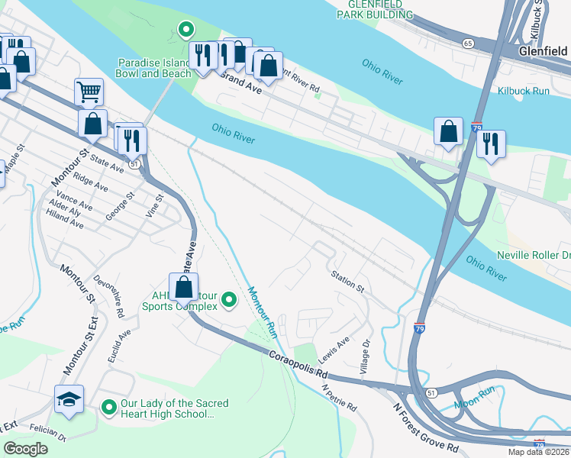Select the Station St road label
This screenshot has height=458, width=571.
click(x=347, y=280)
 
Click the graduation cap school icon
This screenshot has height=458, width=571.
click(x=69, y=399)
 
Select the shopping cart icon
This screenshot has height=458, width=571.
click(x=89, y=92)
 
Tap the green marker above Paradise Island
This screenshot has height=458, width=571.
click(x=185, y=30)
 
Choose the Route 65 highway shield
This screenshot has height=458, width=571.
click(x=466, y=44)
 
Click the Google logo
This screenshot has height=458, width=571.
click(x=26, y=448)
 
